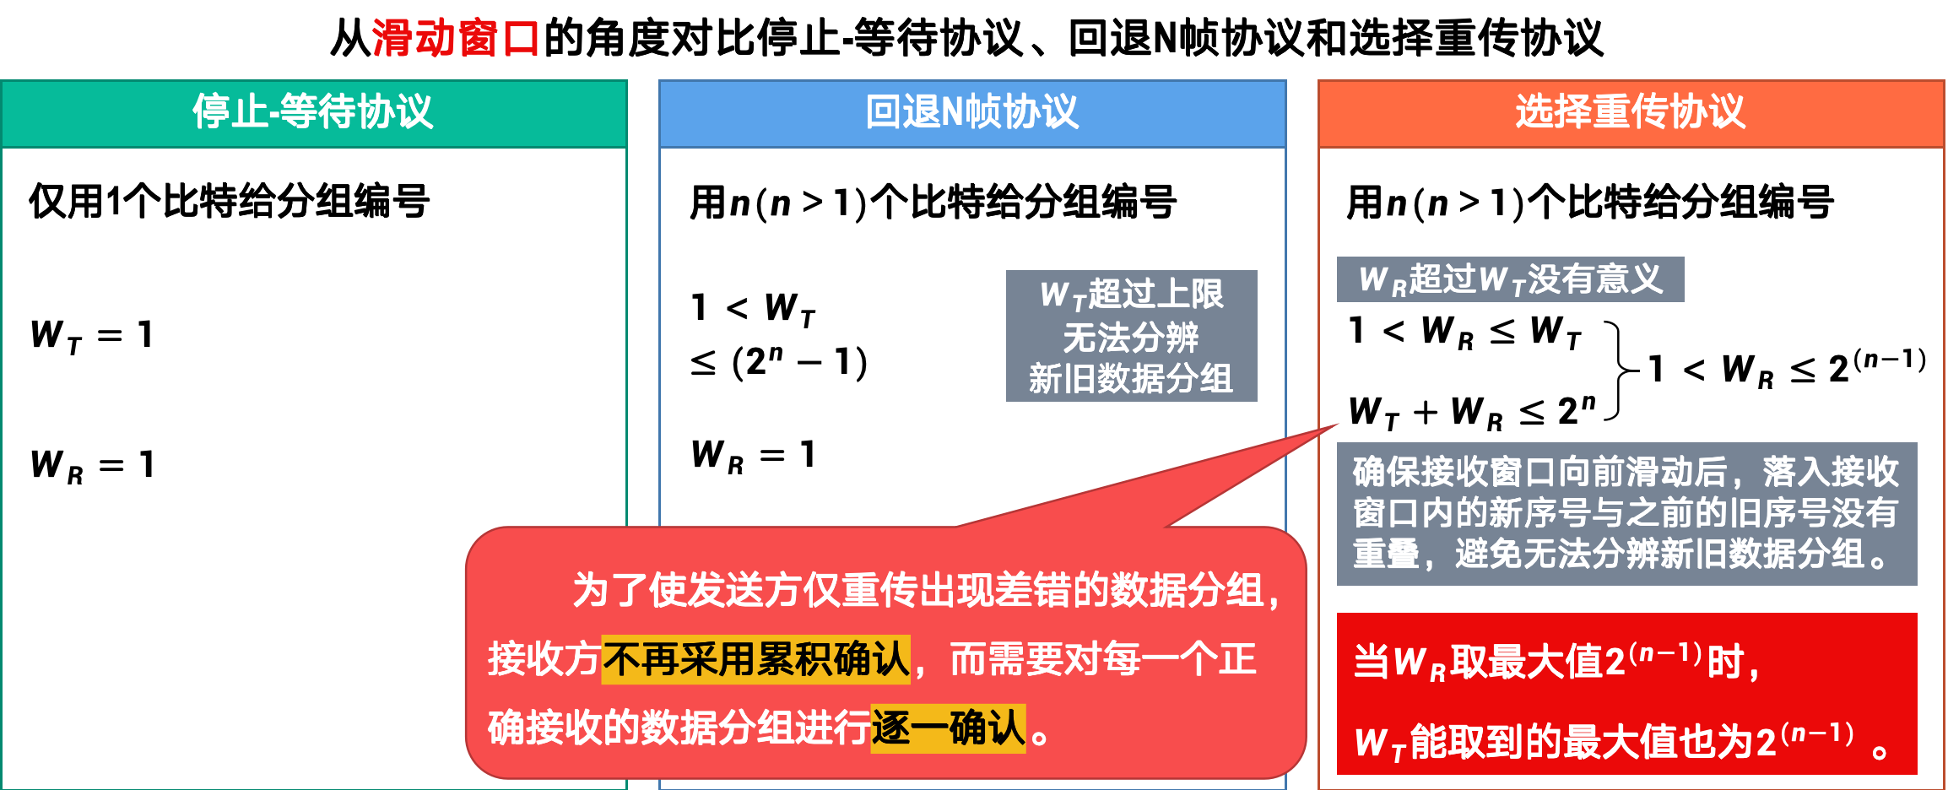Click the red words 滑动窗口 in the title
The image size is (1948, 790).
pyautogui.click(x=455, y=38)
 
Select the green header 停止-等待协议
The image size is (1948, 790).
pyautogui.click(x=313, y=112)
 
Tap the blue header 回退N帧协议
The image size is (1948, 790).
pyautogui.click(x=972, y=112)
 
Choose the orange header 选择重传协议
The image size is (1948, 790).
pyautogui.click(x=1631, y=112)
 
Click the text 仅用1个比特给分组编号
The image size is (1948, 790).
pyautogui.click(x=230, y=202)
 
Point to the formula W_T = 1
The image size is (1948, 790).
pyautogui.click(x=91, y=335)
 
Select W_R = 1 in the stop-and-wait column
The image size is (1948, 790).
pyautogui.click(x=91, y=465)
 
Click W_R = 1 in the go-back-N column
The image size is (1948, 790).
pyautogui.click(x=753, y=455)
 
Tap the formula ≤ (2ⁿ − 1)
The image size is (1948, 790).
pyautogui.click(x=778, y=362)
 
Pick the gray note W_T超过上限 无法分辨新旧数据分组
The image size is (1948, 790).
pyautogui.click(x=1131, y=336)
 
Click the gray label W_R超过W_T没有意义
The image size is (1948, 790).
pyautogui.click(x=1510, y=279)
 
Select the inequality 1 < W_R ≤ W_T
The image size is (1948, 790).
pyautogui.click(x=1464, y=331)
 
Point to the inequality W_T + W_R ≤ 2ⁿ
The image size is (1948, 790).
pyautogui.click(x=1472, y=412)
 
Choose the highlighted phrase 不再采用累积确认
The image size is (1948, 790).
pyautogui.click(x=756, y=659)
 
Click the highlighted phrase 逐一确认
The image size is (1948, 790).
pyautogui.click(x=948, y=728)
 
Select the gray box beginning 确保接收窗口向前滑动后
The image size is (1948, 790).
pyautogui.click(x=1626, y=513)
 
